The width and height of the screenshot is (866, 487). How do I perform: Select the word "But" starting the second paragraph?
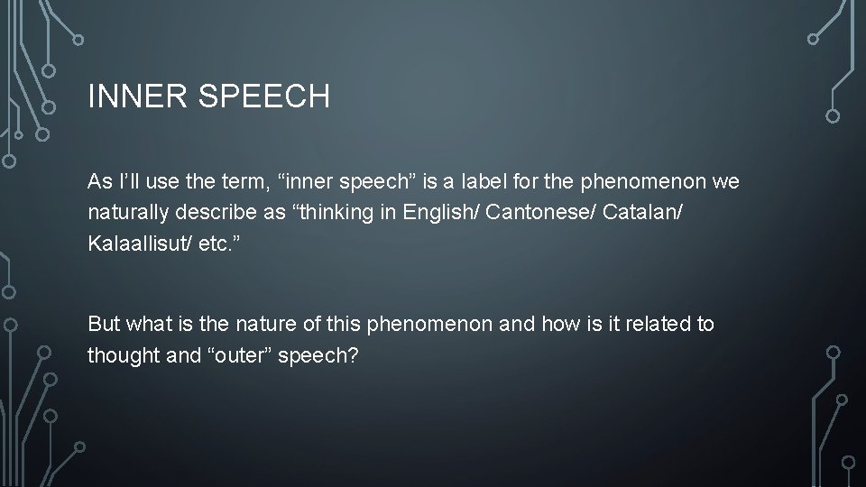(x=105, y=324)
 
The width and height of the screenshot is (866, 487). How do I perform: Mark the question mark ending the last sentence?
(x=353, y=355)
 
